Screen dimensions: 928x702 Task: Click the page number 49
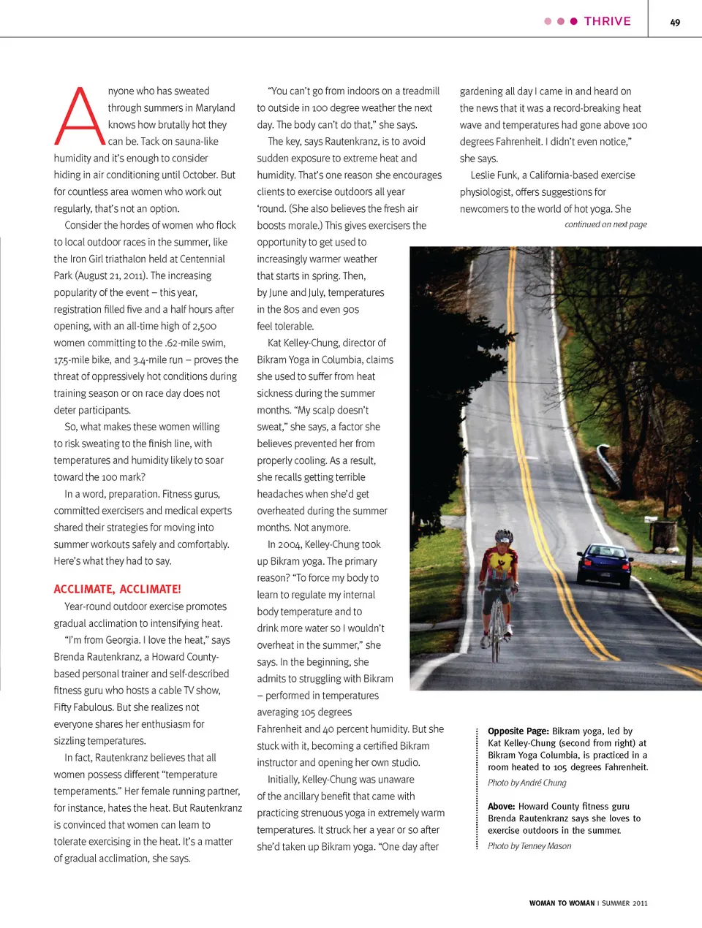(x=675, y=22)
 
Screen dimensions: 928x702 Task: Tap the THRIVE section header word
(x=607, y=21)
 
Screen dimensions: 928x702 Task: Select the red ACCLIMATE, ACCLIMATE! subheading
(x=117, y=589)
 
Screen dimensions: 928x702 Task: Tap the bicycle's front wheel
(x=497, y=636)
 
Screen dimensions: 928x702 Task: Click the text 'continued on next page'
(x=605, y=224)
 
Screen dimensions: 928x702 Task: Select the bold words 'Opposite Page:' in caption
(x=518, y=731)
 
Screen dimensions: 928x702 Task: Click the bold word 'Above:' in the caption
(x=502, y=807)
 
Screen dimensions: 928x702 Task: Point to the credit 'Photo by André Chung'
(x=526, y=783)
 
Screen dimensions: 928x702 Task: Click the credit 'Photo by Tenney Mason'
(x=529, y=846)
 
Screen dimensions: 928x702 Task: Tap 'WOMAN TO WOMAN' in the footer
(x=562, y=903)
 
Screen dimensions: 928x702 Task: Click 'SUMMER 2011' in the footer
(x=624, y=903)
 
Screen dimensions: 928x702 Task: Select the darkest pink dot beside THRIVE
(x=574, y=21)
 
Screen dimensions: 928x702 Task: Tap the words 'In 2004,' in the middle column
(x=284, y=544)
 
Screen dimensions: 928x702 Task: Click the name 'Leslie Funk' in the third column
(x=494, y=175)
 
